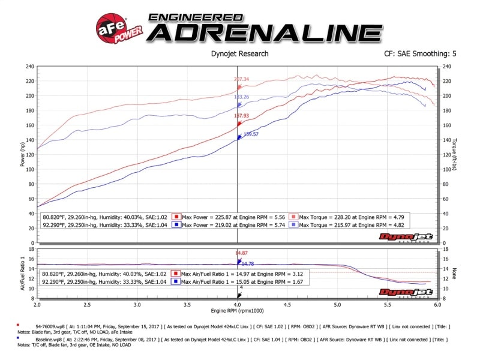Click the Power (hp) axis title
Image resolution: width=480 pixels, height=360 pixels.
(22, 154)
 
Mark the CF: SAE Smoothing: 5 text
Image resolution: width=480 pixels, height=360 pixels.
(420, 53)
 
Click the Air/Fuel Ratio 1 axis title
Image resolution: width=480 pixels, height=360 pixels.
(22, 272)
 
